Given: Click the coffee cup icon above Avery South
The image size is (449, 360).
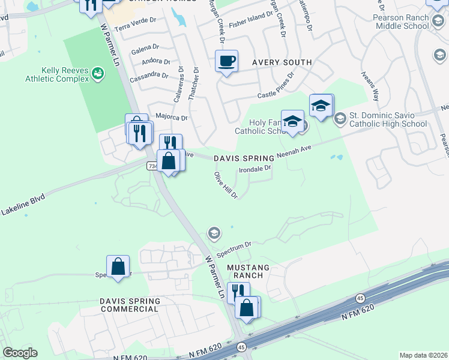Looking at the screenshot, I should (x=226, y=61).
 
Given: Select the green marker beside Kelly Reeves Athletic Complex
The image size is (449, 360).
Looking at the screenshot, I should (x=98, y=74).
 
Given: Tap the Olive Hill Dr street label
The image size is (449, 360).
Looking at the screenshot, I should (x=226, y=185).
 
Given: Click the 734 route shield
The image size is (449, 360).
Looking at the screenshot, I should (x=151, y=164).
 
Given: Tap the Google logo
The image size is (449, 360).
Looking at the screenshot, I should (x=20, y=353).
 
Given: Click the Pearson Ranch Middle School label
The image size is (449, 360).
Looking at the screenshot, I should (x=401, y=22).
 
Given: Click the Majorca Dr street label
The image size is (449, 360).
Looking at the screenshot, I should (x=172, y=117).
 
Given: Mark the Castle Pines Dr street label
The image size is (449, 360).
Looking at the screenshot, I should (x=276, y=85).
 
